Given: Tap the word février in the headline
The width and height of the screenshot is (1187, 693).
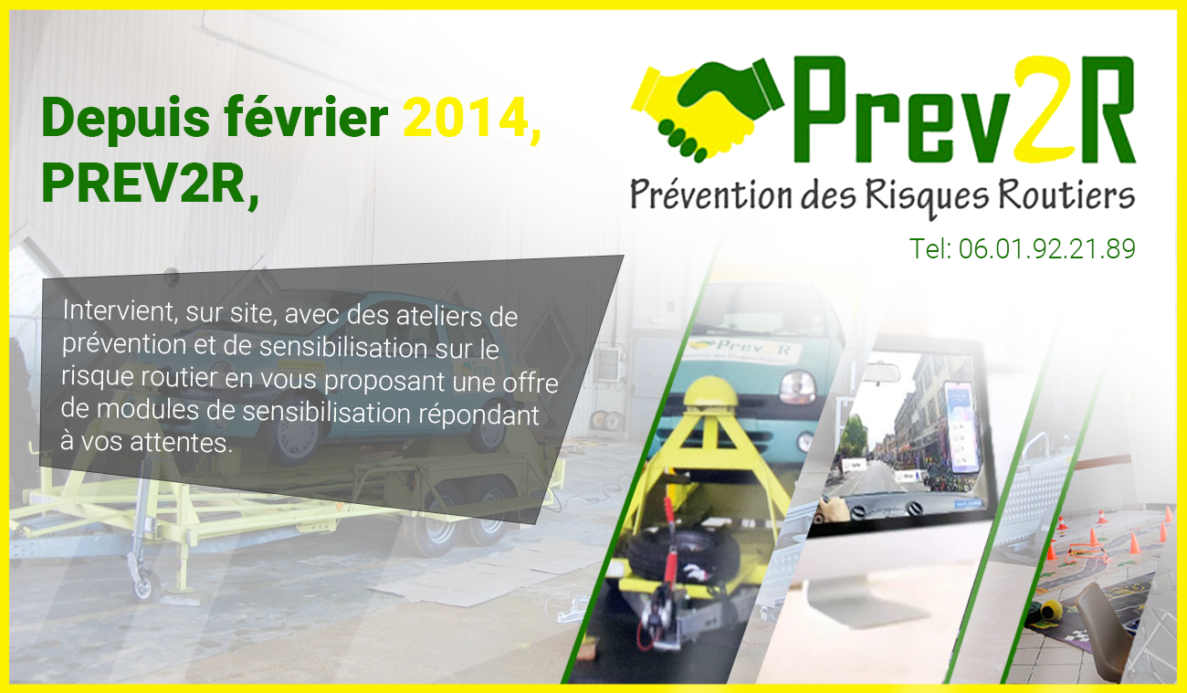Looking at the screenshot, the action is tap(306, 117).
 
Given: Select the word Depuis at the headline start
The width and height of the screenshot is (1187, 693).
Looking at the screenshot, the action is tap(126, 120).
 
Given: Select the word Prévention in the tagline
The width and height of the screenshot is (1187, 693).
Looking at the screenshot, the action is tap(710, 195).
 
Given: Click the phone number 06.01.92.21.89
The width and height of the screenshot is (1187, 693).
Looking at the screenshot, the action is tap(1046, 248).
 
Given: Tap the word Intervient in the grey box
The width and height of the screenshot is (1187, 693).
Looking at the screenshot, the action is tap(120, 310).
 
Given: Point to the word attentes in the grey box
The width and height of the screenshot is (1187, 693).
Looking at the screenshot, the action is tap(181, 443).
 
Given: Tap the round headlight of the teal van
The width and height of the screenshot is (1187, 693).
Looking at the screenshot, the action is tap(796, 387).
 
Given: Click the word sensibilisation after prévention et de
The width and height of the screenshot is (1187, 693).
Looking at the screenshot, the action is tap(343, 347).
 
